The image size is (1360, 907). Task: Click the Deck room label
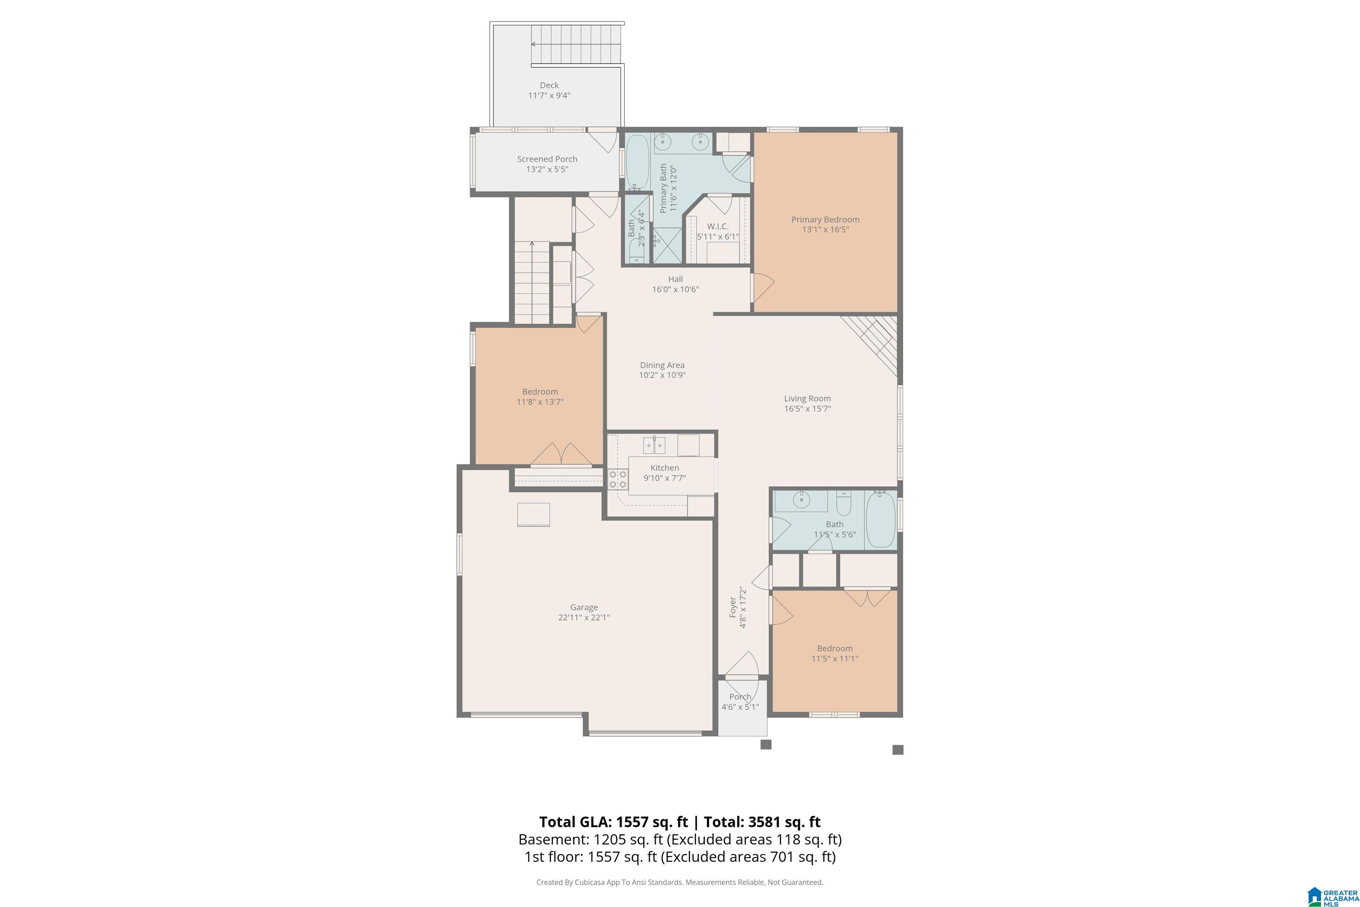(549, 85)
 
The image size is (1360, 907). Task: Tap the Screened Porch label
(547, 159)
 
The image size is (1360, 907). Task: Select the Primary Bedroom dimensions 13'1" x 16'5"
(825, 230)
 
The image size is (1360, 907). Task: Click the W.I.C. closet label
(718, 227)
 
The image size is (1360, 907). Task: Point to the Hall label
(676, 279)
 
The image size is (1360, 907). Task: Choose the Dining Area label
(662, 365)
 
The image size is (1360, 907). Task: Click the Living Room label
(807, 399)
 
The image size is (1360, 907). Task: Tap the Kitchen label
(665, 468)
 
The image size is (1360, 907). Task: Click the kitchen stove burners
(618, 479)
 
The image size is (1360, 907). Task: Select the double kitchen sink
(654, 446)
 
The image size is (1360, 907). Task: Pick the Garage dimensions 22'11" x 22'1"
(584, 617)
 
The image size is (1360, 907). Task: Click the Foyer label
(733, 607)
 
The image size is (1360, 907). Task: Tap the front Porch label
(740, 697)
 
